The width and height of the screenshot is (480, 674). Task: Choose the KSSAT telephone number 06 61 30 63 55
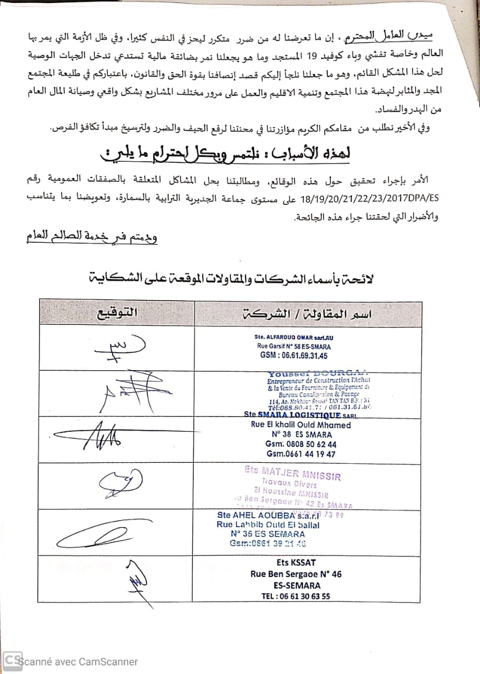[296, 596]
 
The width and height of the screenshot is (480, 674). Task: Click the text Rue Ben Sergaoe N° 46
[296, 574]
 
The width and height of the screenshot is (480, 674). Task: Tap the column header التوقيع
[116, 313]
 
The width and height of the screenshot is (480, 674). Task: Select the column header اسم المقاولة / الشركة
[308, 314]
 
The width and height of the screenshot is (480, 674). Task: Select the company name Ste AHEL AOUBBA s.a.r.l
[270, 515]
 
